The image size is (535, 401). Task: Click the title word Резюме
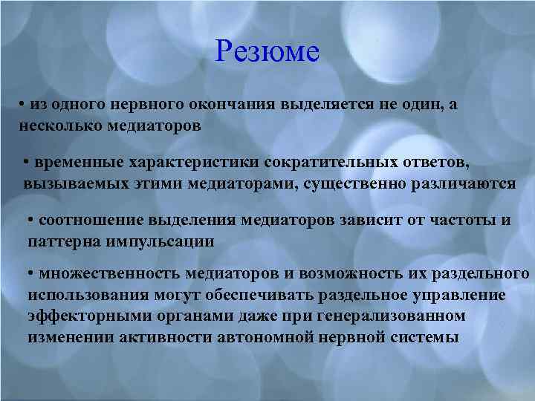click(x=267, y=51)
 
